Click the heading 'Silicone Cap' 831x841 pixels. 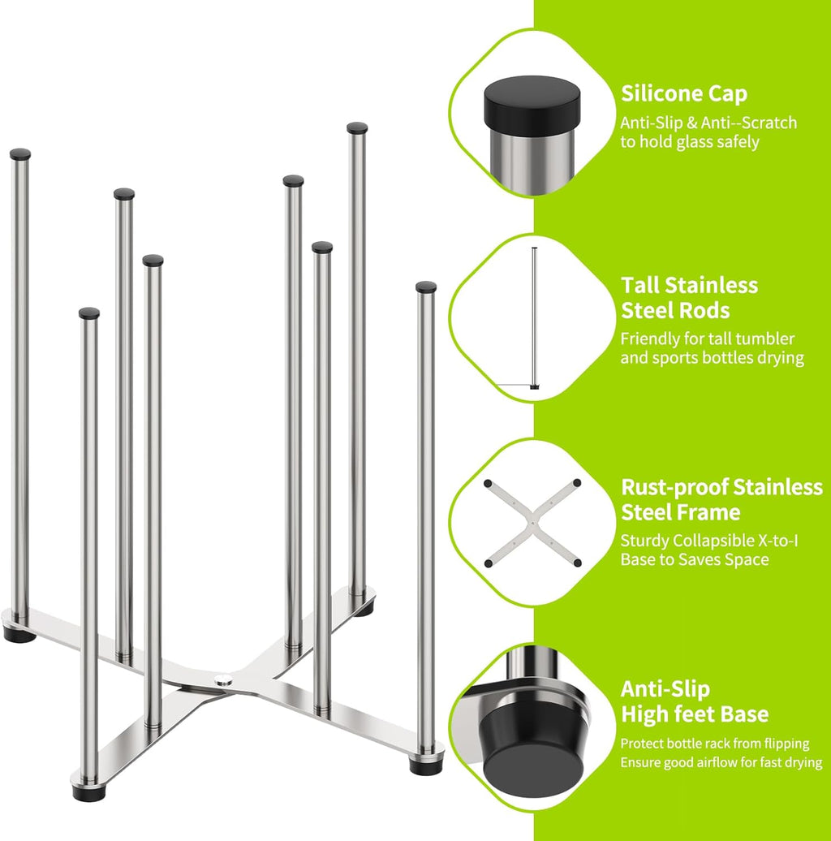pyautogui.click(x=684, y=93)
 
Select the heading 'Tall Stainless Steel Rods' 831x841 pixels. pyautogui.click(x=689, y=297)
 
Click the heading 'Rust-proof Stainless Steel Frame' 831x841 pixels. pyautogui.click(x=721, y=499)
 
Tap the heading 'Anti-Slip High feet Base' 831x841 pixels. pyautogui.click(x=694, y=701)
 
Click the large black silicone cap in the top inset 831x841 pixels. pyautogui.click(x=532, y=103)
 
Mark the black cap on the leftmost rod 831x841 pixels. pyautogui.click(x=20, y=153)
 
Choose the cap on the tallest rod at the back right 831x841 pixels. pyautogui.click(x=357, y=127)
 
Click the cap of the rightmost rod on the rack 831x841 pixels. pyautogui.click(x=426, y=287)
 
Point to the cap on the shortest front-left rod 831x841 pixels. pyautogui.click(x=89, y=313)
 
